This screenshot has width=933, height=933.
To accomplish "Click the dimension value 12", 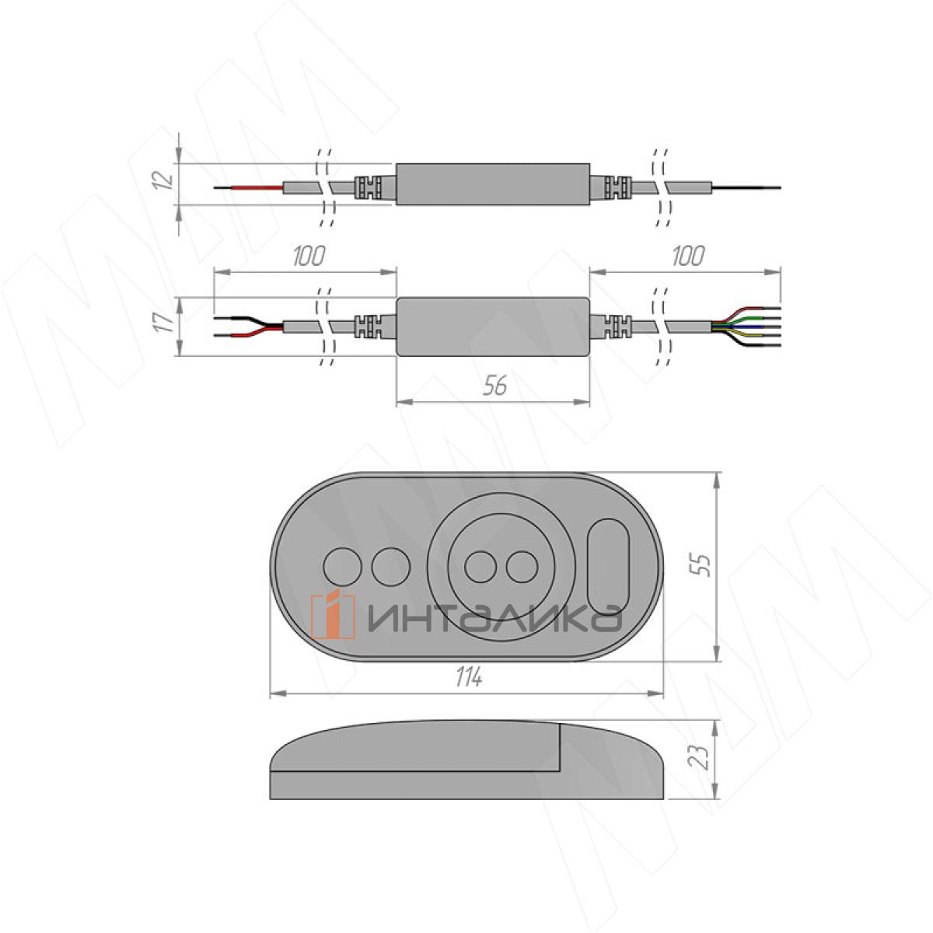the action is pyautogui.click(x=165, y=180).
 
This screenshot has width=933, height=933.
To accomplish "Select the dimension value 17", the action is pyautogui.click(x=165, y=323).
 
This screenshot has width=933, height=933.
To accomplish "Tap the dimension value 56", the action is pyautogui.click(x=494, y=386).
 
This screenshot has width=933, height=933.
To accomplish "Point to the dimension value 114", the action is pyautogui.click(x=468, y=676).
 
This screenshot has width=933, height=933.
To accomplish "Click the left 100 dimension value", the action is pyautogui.click(x=309, y=256).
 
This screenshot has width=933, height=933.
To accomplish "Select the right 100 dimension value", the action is pyautogui.click(x=688, y=256).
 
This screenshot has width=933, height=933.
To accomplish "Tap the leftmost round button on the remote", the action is pyautogui.click(x=342, y=566).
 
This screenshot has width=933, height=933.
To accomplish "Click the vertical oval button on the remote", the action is pyautogui.click(x=608, y=567).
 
